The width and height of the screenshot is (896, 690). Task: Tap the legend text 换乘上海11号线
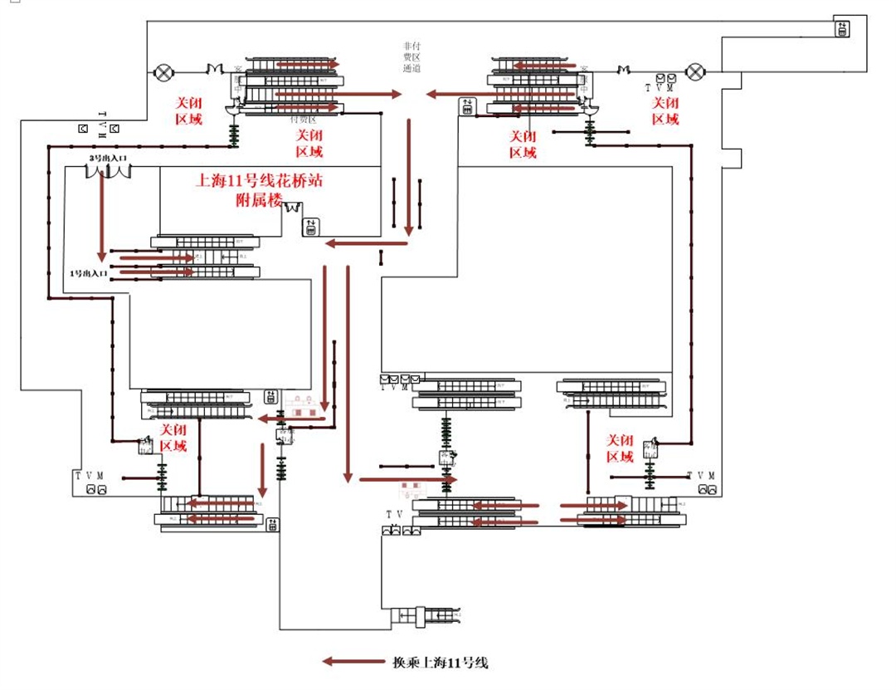point(441,663)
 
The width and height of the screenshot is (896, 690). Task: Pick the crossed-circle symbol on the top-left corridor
point(162,72)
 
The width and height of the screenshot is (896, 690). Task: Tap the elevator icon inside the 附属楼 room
point(311,226)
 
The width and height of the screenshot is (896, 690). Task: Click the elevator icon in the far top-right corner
point(842,29)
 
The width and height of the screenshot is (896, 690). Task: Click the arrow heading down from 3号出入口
point(102,216)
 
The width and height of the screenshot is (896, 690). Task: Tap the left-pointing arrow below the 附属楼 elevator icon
point(365,243)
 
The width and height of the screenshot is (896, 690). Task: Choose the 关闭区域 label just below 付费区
point(310,144)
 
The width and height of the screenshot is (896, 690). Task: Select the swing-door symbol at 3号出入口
point(110,171)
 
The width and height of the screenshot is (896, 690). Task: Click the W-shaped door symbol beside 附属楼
point(292,208)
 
